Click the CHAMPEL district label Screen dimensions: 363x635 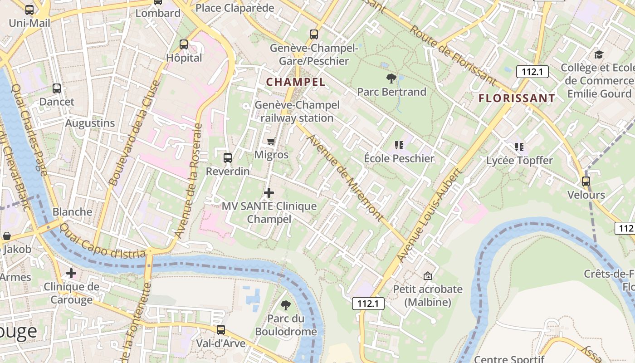[296, 82]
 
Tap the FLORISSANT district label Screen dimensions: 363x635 [517, 98]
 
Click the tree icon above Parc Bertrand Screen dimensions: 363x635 [391, 78]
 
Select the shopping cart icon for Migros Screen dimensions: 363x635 [271, 141]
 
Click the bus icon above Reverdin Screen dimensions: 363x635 [228, 158]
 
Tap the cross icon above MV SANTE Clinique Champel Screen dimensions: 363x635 [269, 193]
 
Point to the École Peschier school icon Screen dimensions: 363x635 [399, 145]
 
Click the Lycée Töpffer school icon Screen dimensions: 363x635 [519, 147]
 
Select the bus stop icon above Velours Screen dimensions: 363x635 [586, 181]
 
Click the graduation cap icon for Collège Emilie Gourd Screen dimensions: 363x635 [599, 54]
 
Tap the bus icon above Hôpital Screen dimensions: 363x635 [184, 44]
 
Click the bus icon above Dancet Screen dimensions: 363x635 [57, 88]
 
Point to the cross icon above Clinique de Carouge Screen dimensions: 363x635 [71, 273]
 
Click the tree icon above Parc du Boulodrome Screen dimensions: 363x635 [286, 305]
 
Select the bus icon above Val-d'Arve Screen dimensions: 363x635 [221, 330]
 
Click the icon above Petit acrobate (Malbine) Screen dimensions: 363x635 [427, 275]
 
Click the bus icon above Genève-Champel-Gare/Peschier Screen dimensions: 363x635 [314, 34]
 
